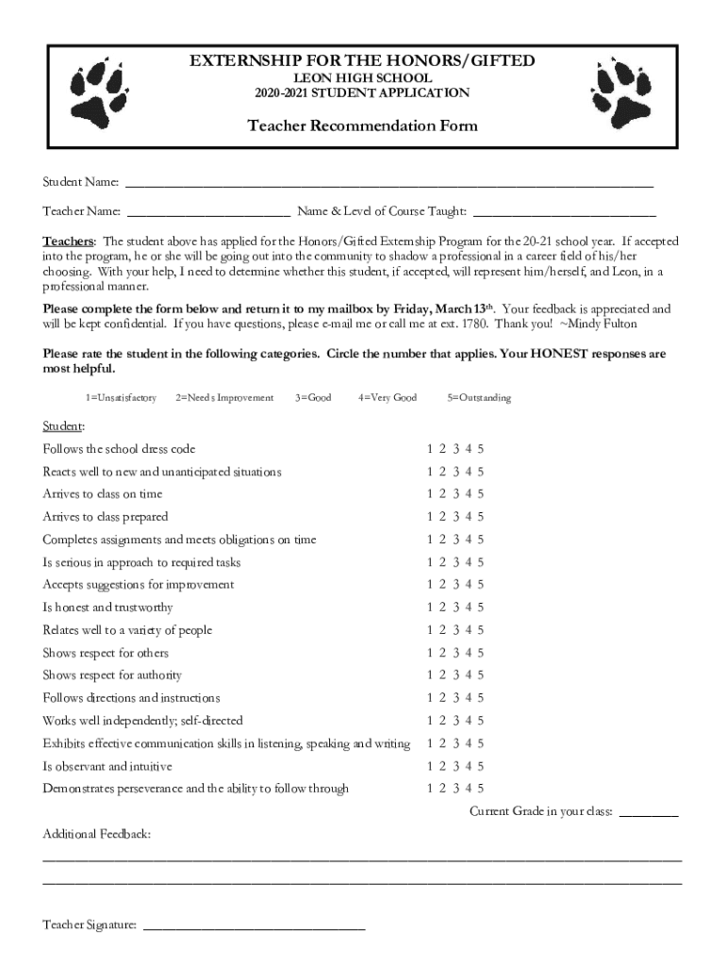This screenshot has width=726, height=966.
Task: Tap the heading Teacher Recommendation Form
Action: click(362, 125)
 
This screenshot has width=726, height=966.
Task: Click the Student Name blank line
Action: click(388, 183)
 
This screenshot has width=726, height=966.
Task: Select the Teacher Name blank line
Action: click(208, 212)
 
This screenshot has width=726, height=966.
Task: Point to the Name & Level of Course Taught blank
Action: click(564, 212)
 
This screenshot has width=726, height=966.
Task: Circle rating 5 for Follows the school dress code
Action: click(481, 449)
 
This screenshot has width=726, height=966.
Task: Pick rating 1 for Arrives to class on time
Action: click(430, 494)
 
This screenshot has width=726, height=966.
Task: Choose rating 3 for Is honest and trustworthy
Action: click(455, 608)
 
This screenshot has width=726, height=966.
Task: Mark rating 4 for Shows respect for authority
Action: click(469, 675)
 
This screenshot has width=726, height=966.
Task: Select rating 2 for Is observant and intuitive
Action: click(442, 766)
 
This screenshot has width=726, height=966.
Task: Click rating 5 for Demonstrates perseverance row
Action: click(481, 789)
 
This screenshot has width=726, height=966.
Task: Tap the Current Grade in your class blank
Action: click(649, 812)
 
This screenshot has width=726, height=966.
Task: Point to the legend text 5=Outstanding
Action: click(479, 398)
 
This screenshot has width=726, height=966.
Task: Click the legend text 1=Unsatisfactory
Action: click(121, 398)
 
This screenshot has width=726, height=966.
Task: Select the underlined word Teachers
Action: click(68, 241)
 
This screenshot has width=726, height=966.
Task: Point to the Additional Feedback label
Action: click(96, 835)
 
